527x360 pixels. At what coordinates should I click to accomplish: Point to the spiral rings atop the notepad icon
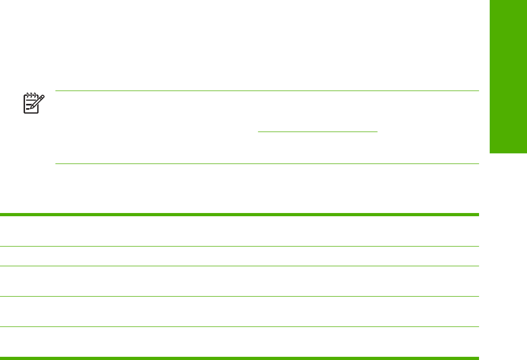(x=31, y=95)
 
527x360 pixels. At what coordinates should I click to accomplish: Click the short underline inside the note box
(x=317, y=131)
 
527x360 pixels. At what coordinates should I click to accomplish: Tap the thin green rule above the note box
(x=266, y=91)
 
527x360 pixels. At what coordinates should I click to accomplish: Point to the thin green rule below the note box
(x=266, y=163)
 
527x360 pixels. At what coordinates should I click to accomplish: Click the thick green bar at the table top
(x=239, y=215)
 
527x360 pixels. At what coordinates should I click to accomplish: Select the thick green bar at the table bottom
(x=239, y=358)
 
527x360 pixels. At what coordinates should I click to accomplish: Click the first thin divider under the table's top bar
(x=239, y=246)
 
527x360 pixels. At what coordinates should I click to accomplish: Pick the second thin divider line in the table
(x=239, y=266)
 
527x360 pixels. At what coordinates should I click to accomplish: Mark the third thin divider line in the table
(x=239, y=297)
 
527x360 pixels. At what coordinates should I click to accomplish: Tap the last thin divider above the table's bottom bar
(x=239, y=326)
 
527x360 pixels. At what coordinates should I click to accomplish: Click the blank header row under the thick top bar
(x=239, y=231)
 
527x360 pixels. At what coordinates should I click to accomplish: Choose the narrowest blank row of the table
(x=239, y=256)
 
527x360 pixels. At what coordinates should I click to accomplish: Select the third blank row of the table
(x=239, y=281)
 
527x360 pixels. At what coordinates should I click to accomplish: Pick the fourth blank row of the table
(x=239, y=312)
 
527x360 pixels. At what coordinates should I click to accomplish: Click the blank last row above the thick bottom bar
(x=239, y=341)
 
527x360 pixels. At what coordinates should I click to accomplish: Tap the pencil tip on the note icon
(x=31, y=109)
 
